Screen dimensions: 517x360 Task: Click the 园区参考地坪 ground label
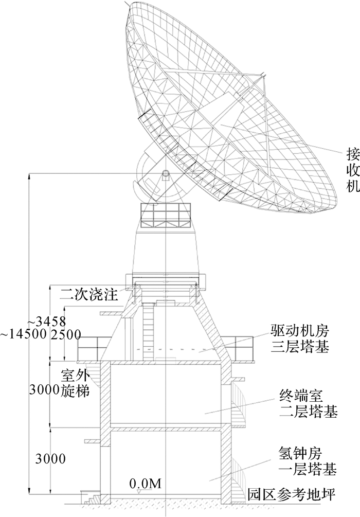coord(292,496)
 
